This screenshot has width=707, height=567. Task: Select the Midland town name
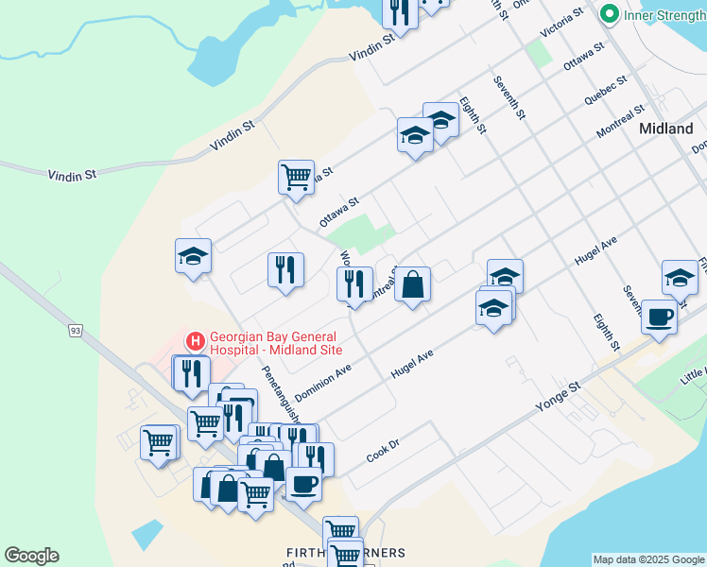pos(665,129)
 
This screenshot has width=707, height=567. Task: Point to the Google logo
pos(31,556)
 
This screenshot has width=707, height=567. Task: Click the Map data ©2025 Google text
pos(648,559)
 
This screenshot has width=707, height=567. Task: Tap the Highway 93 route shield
pos(74,330)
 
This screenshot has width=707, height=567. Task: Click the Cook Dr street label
pos(379,454)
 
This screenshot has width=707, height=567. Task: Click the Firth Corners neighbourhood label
pos(347,552)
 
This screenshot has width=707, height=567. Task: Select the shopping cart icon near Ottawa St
pos(297,176)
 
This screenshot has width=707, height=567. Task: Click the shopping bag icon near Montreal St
pos(413,283)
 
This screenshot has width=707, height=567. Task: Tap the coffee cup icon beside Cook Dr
pos(303,484)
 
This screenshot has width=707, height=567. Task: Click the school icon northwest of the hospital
pos(193,255)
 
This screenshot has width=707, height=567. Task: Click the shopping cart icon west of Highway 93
pos(158,440)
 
